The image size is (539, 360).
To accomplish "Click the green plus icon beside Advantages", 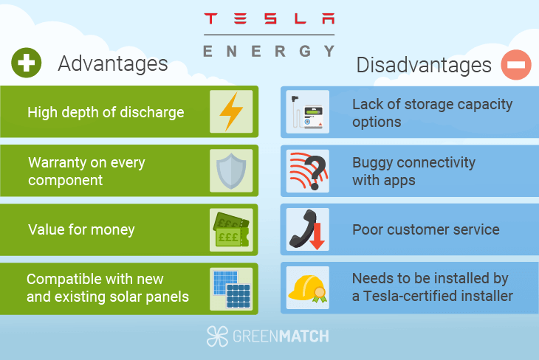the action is click(27, 63).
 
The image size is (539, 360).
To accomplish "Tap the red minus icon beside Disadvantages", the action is click(516, 65).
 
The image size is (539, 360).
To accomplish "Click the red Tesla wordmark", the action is click(269, 18).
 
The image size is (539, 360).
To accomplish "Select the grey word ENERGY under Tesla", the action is click(269, 52).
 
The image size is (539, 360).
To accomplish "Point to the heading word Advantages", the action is click(113, 64).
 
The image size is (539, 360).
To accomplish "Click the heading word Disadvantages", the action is click(424, 65).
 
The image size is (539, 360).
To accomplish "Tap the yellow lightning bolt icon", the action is click(231, 111).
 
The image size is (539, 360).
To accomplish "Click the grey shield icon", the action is click(231, 171).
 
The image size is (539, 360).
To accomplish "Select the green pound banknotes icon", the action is click(231, 229).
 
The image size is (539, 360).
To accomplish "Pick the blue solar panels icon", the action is click(231, 288).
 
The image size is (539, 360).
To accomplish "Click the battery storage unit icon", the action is click(308, 112).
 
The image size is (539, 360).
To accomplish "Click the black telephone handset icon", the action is click(302, 229).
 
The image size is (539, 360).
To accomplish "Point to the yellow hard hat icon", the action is click(306, 288).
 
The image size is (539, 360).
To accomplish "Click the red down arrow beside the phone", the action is click(317, 236).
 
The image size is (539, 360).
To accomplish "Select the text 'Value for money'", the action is click(81, 230).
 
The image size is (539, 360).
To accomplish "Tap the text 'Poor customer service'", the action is click(426, 230).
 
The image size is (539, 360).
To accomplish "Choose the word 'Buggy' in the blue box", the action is click(372, 163).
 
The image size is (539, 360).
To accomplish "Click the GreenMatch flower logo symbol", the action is click(217, 336).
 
